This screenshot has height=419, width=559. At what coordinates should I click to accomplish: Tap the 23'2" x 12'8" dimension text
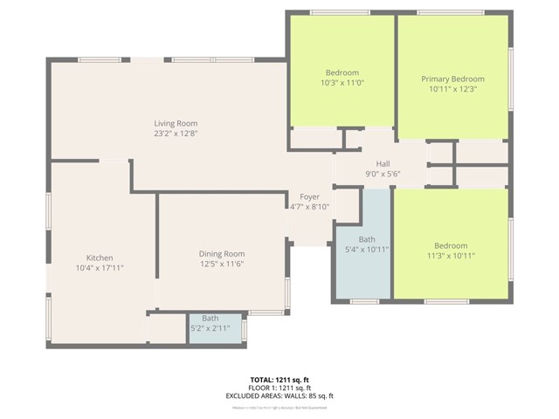[176, 134]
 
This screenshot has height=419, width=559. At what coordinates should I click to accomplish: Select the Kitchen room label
[99, 258]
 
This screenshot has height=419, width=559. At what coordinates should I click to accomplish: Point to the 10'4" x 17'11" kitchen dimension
[99, 268]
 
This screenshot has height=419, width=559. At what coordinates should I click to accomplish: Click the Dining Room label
[222, 253]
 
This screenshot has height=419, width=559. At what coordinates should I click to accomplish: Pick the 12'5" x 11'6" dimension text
[222, 264]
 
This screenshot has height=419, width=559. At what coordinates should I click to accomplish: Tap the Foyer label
[309, 197]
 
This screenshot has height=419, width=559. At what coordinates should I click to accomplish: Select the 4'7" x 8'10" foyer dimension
[309, 207]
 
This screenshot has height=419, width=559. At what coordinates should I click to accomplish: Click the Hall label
[383, 163]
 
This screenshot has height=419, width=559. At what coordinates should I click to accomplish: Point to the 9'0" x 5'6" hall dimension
[383, 174]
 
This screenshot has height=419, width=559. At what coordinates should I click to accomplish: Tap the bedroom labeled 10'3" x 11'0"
[342, 78]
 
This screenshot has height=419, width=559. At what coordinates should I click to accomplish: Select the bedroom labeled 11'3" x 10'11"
[451, 251]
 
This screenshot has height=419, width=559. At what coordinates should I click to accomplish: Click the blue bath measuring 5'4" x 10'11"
[362, 244]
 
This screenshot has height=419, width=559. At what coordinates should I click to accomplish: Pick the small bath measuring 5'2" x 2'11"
[210, 323]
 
